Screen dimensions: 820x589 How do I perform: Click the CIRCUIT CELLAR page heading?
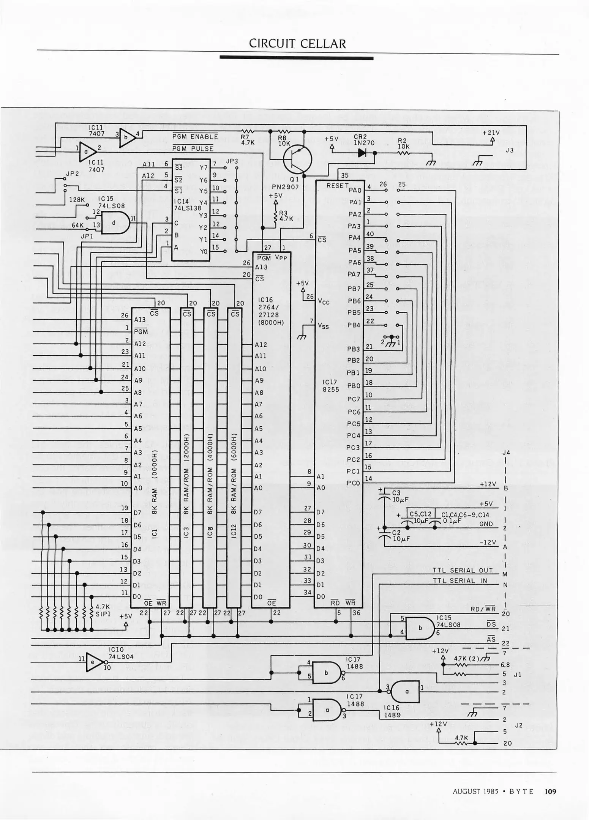pos(297,44)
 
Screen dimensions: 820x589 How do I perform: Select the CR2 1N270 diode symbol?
pos(362,153)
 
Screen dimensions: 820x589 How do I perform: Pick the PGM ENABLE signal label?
pos(195,137)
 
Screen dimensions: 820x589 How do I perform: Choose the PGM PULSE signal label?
pos(193,149)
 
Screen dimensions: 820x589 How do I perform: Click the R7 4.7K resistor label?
pos(247,140)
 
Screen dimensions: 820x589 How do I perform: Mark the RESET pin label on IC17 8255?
pos(337,186)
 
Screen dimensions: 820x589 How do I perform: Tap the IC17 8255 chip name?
pos(330,386)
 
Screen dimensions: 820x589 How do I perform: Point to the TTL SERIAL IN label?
pos(459,580)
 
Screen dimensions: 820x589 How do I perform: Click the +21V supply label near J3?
pos(491,133)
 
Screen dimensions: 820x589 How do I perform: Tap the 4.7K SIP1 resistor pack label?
pos(103,610)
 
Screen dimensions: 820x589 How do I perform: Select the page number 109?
pos(550,791)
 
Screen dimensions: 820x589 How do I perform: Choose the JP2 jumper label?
pos(72,173)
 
